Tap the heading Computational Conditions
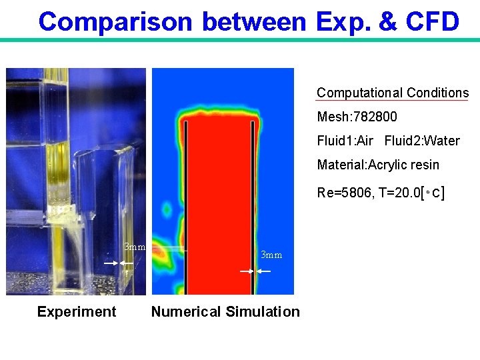click(393, 93)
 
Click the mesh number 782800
click(375, 117)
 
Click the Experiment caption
click(77, 312)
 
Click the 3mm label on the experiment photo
click(135, 247)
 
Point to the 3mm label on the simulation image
click(271, 255)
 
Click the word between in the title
click(253, 22)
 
